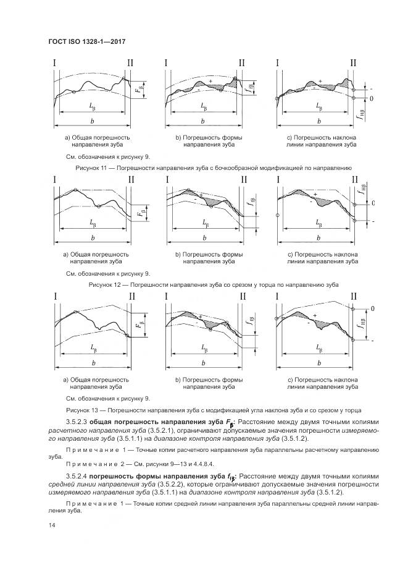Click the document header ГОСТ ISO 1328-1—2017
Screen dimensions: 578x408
(87, 40)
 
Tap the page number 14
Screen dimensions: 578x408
(51, 525)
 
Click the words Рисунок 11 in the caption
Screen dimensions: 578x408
(92, 168)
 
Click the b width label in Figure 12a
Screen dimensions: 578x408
(93, 238)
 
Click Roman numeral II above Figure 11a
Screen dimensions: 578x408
(129, 63)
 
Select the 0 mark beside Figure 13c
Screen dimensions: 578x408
(373, 307)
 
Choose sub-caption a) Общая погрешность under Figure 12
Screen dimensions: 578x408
(96, 253)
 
